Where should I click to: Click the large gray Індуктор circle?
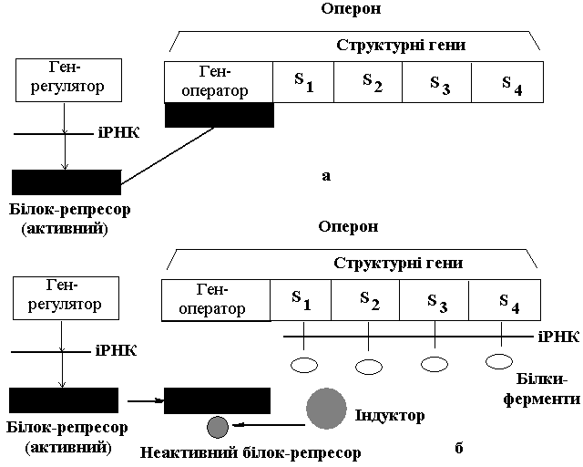tap(327, 409)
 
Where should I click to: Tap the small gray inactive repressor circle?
tap(217, 426)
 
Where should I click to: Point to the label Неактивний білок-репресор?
tap(251, 451)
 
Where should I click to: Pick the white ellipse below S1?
tap(303, 367)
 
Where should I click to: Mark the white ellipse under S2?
tap(369, 367)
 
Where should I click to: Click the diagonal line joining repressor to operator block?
tap(169, 155)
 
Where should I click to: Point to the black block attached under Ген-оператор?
tap(219, 115)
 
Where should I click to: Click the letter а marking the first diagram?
tap(325, 175)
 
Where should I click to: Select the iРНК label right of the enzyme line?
tap(557, 337)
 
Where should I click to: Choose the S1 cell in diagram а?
tap(303, 81)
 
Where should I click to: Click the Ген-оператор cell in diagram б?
tap(216, 299)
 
